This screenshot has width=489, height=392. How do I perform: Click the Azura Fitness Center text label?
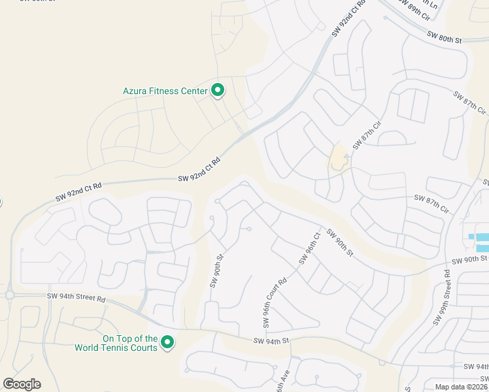pyautogui.click(x=165, y=91)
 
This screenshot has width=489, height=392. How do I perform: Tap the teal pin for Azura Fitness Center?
pyautogui.click(x=218, y=91)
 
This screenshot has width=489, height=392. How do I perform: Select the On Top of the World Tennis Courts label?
pyautogui.click(x=130, y=343)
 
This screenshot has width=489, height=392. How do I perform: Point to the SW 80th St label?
pyautogui.click(x=444, y=37)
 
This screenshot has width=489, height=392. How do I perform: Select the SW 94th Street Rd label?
pyautogui.click(x=76, y=298)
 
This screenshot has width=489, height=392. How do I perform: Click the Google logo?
pyautogui.click(x=22, y=384)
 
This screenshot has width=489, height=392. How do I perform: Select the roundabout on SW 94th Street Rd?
pyautogui.click(x=10, y=295)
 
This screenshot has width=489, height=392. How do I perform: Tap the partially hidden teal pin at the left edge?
pyautogui.click(x=1, y=201)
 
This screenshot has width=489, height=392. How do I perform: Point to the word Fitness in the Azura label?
pyautogui.click(x=163, y=91)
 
